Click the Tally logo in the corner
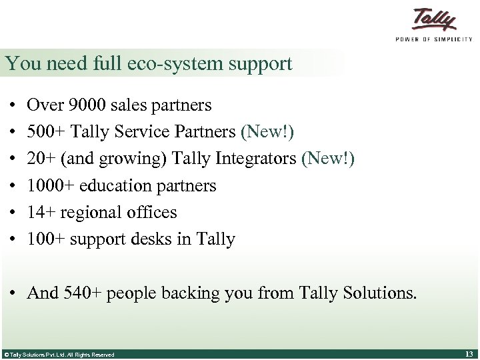(x=434, y=20)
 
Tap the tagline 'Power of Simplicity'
(x=433, y=39)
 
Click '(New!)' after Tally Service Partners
(x=267, y=132)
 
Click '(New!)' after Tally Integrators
(x=328, y=159)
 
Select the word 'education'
(x=117, y=185)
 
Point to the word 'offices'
(x=153, y=212)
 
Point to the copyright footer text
(x=59, y=354)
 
